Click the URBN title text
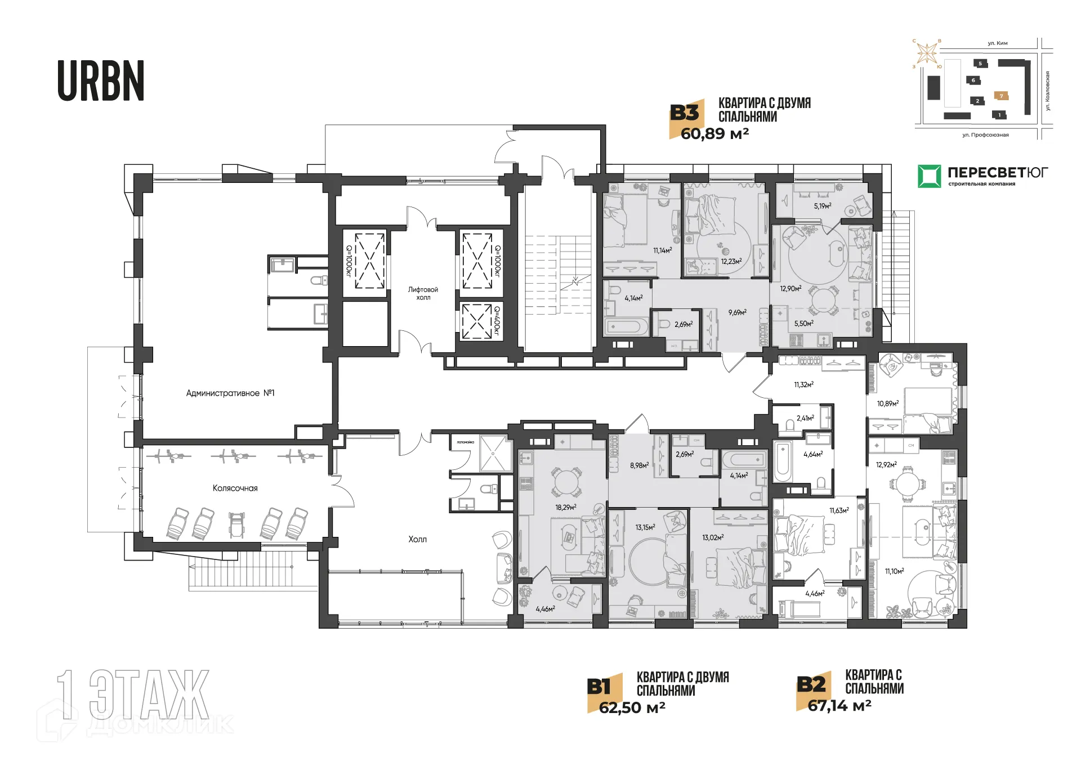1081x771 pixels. click(101, 81)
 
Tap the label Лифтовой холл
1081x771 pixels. click(423, 293)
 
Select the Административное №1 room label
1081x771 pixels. click(230, 393)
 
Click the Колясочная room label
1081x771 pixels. click(235, 488)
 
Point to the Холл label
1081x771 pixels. click(417, 539)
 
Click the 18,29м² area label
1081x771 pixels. click(565, 507)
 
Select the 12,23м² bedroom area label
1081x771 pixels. click(731, 261)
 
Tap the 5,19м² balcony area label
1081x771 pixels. click(822, 206)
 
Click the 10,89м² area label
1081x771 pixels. click(887, 404)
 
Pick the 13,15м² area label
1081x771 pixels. click(645, 527)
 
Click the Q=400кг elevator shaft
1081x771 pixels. click(477, 321)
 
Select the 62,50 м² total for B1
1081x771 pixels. click(632, 707)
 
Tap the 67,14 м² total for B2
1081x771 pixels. click(839, 705)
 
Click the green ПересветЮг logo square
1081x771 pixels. click(929, 176)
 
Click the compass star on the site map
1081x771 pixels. click(926, 53)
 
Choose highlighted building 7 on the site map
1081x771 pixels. click(1000, 96)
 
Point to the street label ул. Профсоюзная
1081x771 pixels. click(985, 135)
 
